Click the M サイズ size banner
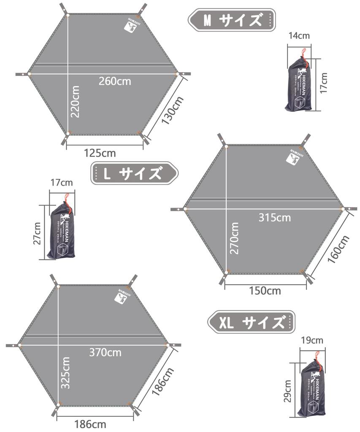pos(231,19)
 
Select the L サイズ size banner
pos(134,173)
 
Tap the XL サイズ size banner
pos(251,323)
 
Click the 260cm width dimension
pos(115,81)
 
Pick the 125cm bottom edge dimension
pos(100,153)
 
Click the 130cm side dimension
pos(172,110)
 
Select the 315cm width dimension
pos(275,218)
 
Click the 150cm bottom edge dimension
pos(265,291)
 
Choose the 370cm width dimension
pos(105,352)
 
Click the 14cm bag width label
pos(299,35)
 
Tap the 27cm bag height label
pos(37,233)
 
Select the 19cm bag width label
pos(312,340)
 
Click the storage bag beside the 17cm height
pos(299,84)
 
